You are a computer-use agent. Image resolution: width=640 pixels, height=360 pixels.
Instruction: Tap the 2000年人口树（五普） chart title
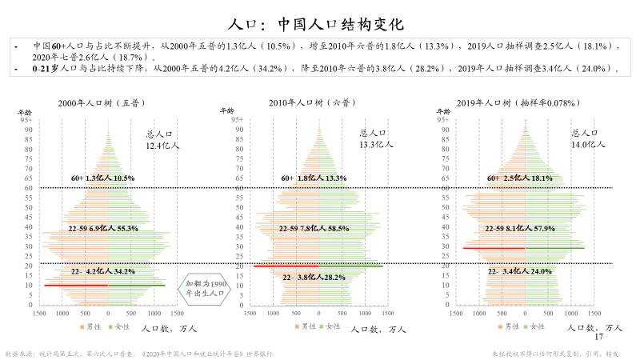click(102, 103)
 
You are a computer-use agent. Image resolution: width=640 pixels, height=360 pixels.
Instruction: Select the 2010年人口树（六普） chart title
click(313, 103)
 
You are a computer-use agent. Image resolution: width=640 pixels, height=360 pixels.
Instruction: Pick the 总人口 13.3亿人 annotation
click(375, 139)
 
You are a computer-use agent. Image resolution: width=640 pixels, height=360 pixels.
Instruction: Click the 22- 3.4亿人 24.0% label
click(520, 272)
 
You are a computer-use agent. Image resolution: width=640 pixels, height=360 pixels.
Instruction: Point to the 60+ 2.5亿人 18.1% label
click(520, 178)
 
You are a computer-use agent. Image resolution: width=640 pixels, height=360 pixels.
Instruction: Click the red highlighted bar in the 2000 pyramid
click(77, 285)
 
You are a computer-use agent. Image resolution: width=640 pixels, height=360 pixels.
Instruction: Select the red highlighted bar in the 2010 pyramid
click(286, 266)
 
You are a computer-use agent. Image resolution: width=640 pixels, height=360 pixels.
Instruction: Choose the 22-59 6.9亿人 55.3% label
click(103, 229)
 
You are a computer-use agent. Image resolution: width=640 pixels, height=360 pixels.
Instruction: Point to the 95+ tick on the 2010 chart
click(238, 118)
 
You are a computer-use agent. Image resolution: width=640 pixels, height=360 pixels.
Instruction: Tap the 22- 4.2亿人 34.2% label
click(103, 272)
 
